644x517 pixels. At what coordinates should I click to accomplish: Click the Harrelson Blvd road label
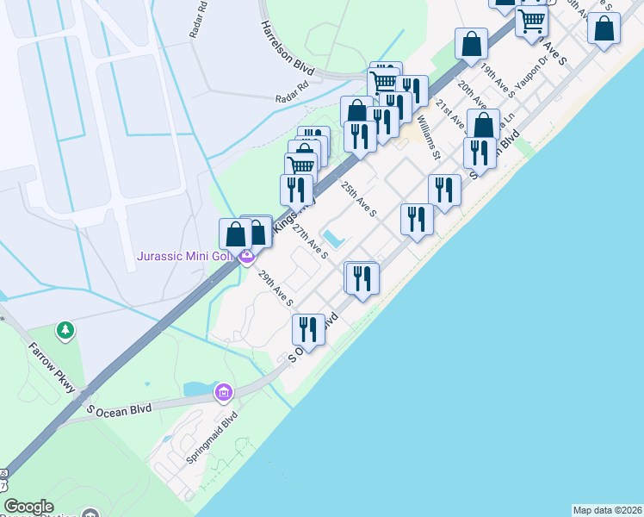pos(288,45)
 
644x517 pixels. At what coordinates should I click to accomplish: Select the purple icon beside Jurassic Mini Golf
pos(247,256)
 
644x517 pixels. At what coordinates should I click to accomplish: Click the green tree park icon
pos(65,329)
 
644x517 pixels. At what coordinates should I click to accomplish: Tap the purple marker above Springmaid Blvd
pos(224,393)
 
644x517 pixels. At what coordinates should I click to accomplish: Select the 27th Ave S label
pos(310,242)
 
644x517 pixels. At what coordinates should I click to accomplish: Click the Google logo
pos(28,507)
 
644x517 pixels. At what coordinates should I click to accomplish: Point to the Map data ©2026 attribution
pos(607,510)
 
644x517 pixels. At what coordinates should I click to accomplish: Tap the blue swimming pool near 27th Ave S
pos(332,238)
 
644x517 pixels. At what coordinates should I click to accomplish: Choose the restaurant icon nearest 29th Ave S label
pos(308,329)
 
